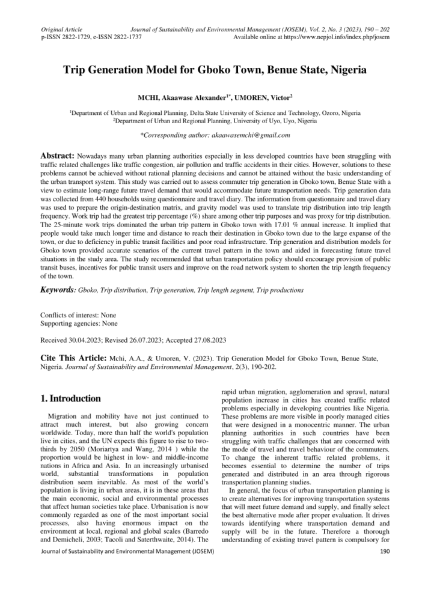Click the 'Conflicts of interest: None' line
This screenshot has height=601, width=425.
point(78,315)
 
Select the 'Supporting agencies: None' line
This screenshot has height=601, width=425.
point(77,323)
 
